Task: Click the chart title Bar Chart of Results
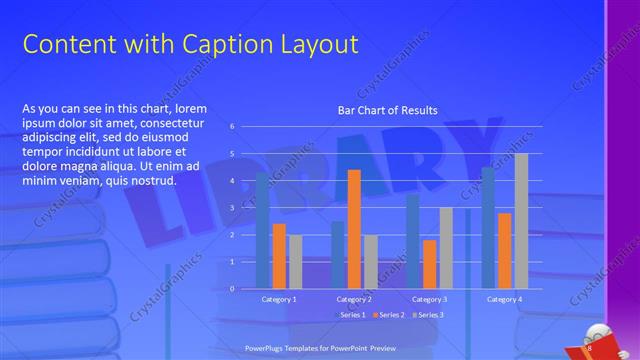click(x=388, y=110)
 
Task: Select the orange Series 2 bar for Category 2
click(x=354, y=229)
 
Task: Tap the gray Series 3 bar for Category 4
click(x=521, y=221)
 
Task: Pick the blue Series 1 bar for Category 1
click(x=262, y=230)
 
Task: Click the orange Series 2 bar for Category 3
click(x=429, y=264)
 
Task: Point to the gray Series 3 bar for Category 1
click(x=295, y=261)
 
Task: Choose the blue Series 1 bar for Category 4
click(x=488, y=228)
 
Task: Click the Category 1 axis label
click(x=279, y=299)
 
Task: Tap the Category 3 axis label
click(x=428, y=299)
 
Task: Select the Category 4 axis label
click(x=503, y=299)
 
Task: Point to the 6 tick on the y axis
click(x=231, y=127)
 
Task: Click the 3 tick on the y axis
click(x=231, y=208)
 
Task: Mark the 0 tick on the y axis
click(x=231, y=289)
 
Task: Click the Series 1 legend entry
click(x=350, y=315)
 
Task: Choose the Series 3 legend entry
click(x=428, y=315)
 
